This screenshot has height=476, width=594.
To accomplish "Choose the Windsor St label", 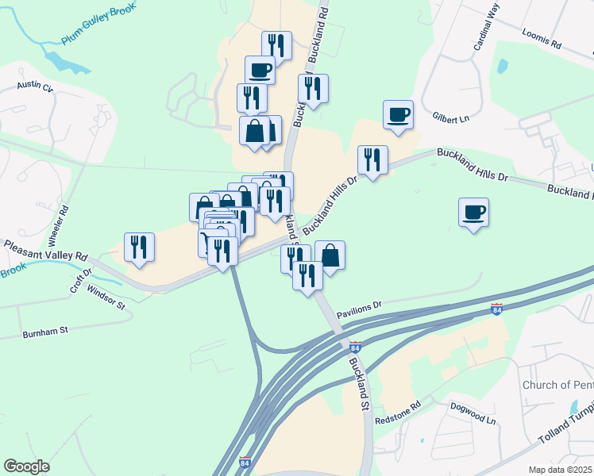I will click(106, 298).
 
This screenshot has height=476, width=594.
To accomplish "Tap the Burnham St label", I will click(45, 331).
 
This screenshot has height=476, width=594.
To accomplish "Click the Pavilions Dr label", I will click(359, 309).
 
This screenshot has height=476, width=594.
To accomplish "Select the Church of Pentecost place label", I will click(557, 386).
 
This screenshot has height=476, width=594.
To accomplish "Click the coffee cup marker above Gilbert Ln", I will click(397, 114).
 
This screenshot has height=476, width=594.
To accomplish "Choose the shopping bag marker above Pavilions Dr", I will click(330, 255).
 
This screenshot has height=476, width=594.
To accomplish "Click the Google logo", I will click(26, 466).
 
